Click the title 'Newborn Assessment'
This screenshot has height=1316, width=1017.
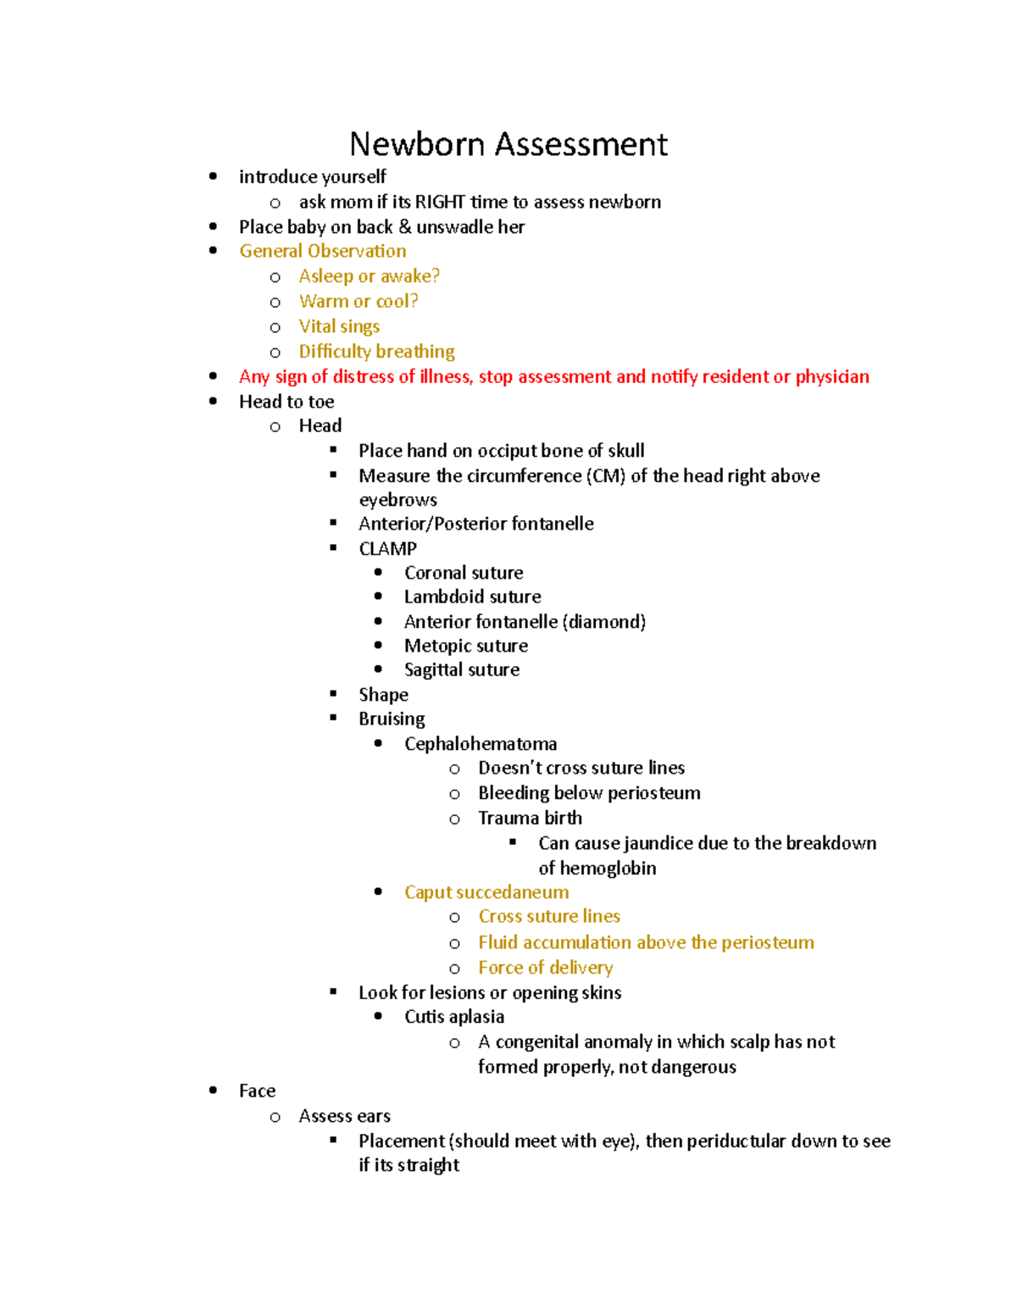[x=508, y=144]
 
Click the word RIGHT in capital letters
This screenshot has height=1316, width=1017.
[x=440, y=202]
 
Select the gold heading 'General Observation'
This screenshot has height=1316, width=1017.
[x=322, y=251]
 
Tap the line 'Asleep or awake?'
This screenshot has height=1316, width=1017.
[x=369, y=276]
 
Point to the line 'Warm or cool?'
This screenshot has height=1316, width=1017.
[x=358, y=302]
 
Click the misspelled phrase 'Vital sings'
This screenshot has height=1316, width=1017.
[x=339, y=326]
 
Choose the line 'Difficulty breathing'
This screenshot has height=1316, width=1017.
[x=376, y=352]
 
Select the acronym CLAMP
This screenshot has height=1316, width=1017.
[x=387, y=548]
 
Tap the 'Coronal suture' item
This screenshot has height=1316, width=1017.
[x=464, y=573]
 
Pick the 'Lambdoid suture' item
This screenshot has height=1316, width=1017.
[x=472, y=597]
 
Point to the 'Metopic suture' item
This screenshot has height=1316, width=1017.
[x=465, y=646]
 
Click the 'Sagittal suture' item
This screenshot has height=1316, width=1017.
[x=461, y=670]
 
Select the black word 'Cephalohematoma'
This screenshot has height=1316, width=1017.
[x=481, y=744]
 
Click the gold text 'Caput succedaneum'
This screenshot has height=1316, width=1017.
[x=486, y=892]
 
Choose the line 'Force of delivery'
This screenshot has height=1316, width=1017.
[x=545, y=968]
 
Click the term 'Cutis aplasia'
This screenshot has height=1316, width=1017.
[x=453, y=1017]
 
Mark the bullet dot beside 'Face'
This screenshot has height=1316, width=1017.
[x=213, y=1091]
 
